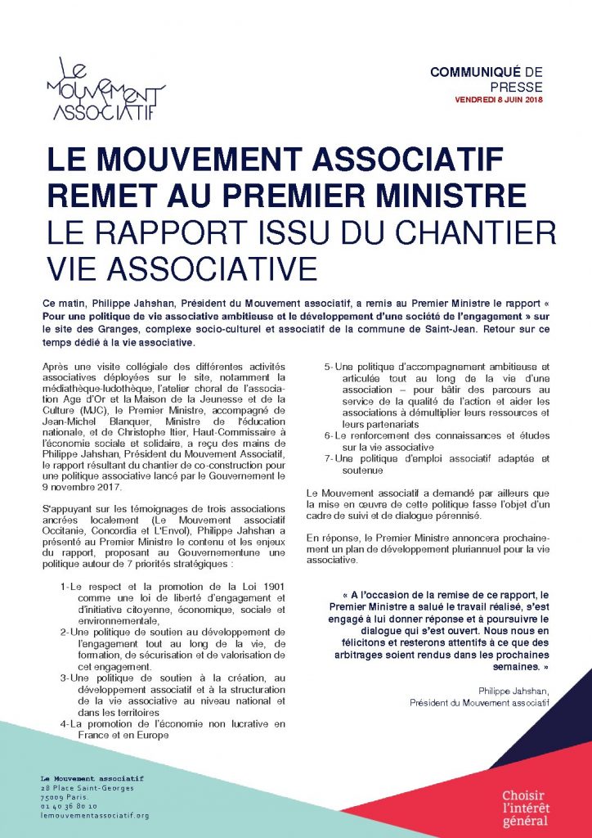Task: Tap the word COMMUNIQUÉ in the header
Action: tap(479, 73)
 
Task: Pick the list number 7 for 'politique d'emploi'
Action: tap(327, 459)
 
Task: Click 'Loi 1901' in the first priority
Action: tap(258, 587)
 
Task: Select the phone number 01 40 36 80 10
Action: tap(69, 806)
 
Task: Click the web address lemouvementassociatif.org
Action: tap(94, 816)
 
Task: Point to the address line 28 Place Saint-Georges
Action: tap(86, 787)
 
